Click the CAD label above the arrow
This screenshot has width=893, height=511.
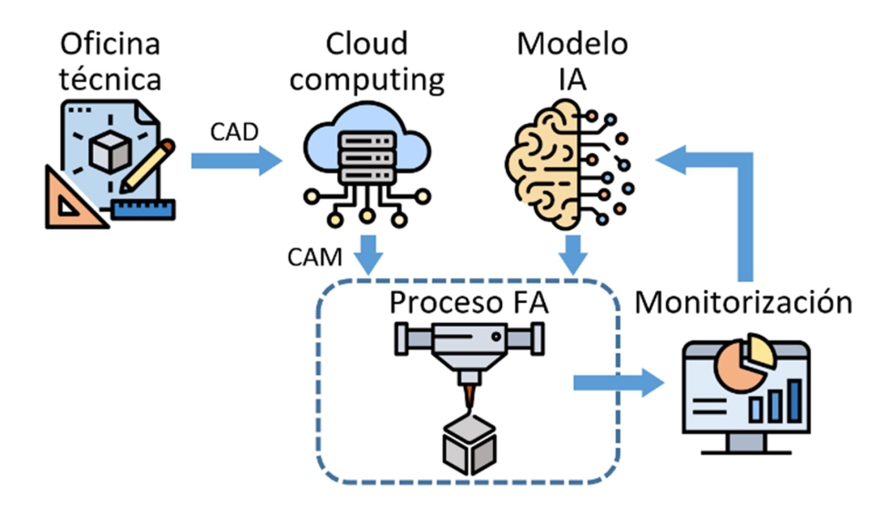pyautogui.click(x=234, y=133)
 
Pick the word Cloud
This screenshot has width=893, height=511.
pyautogui.click(x=367, y=43)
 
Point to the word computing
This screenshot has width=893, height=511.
pyautogui.click(x=373, y=79)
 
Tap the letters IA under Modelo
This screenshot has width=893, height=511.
pyautogui.click(x=570, y=79)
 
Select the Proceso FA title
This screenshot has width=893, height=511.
pyautogui.click(x=469, y=303)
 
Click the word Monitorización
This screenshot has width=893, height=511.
pyautogui.click(x=744, y=301)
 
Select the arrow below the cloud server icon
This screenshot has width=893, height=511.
pyautogui.click(x=367, y=254)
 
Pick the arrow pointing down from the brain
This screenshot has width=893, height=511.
pyautogui.click(x=571, y=254)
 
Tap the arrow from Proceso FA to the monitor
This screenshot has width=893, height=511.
pyautogui.click(x=620, y=381)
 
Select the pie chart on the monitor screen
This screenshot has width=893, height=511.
pyautogui.click(x=745, y=363)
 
